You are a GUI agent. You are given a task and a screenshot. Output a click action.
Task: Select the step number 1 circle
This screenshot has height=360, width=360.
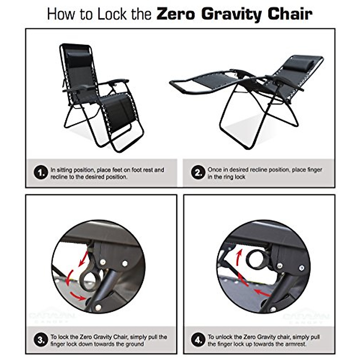click(41, 173)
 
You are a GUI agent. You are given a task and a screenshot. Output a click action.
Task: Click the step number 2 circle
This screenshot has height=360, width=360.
click(198, 173)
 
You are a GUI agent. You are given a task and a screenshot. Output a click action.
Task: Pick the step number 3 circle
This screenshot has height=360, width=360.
click(41, 340)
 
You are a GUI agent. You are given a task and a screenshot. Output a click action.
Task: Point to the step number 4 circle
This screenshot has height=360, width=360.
click(198, 340)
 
